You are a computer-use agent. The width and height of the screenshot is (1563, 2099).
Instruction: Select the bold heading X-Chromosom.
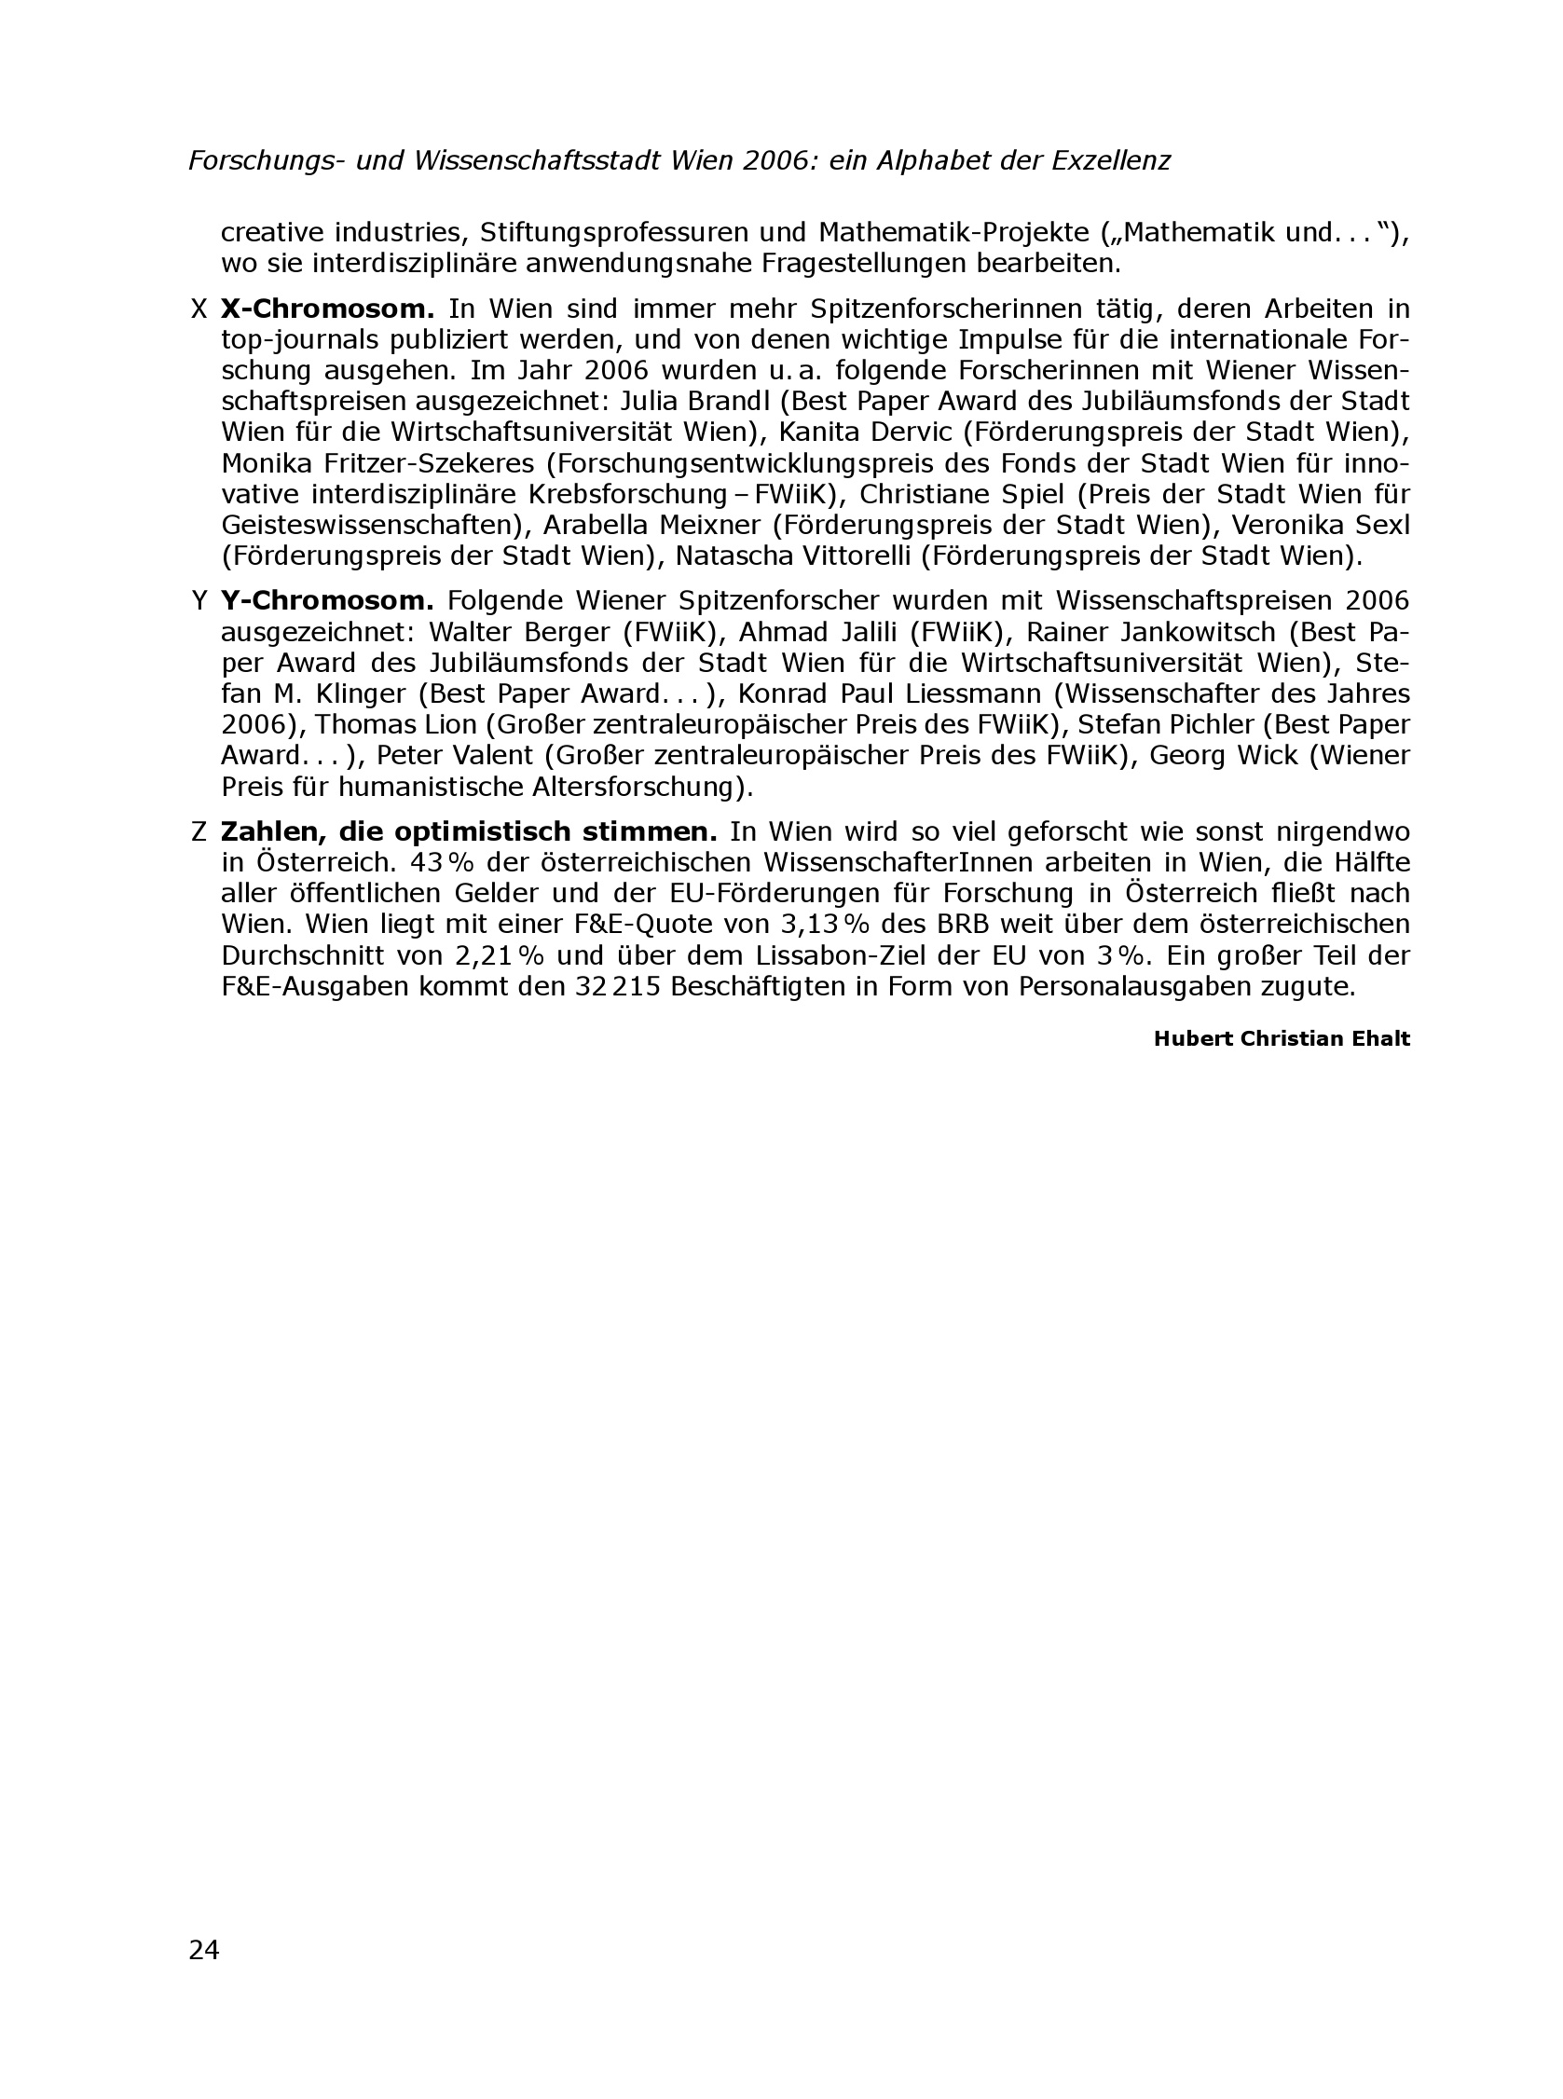(x=326, y=309)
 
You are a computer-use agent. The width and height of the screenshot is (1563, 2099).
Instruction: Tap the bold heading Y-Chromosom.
(x=326, y=600)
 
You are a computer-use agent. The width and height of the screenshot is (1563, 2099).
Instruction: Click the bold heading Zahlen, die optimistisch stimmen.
(x=468, y=831)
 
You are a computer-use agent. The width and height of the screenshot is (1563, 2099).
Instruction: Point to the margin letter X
(x=199, y=309)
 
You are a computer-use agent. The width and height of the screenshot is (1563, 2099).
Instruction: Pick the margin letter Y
(x=199, y=600)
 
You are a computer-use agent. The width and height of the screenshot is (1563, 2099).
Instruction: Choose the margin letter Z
(x=199, y=831)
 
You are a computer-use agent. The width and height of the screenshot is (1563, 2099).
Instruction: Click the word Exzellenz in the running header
(x=1111, y=161)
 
